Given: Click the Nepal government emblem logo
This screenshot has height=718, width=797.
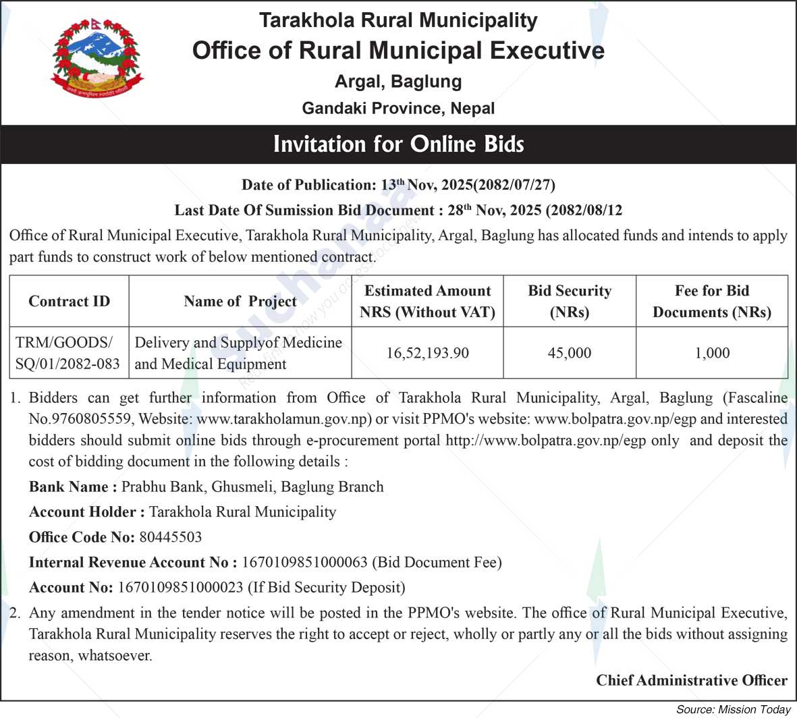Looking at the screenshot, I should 97,58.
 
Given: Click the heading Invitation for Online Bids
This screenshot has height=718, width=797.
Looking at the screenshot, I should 398,144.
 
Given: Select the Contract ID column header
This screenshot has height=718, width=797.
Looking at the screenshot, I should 69,302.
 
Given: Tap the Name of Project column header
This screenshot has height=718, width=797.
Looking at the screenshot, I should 240,302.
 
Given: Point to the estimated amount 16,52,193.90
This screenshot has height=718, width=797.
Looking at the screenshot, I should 427,353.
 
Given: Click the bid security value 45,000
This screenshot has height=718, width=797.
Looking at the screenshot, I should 570,353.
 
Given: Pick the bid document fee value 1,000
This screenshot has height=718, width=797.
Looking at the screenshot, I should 712,353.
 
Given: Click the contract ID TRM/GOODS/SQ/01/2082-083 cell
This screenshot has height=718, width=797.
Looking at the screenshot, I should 68,353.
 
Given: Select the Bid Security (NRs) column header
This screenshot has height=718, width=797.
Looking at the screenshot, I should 570,301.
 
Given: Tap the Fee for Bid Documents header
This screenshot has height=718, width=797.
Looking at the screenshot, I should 712,301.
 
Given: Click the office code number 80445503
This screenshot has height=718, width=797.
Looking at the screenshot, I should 170,537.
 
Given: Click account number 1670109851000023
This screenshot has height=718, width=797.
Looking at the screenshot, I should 180,587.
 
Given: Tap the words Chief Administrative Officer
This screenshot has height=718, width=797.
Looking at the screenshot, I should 691,680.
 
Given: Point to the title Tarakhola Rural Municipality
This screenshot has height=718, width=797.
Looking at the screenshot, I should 398,20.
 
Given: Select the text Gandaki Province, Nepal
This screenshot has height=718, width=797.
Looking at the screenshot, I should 398,108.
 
